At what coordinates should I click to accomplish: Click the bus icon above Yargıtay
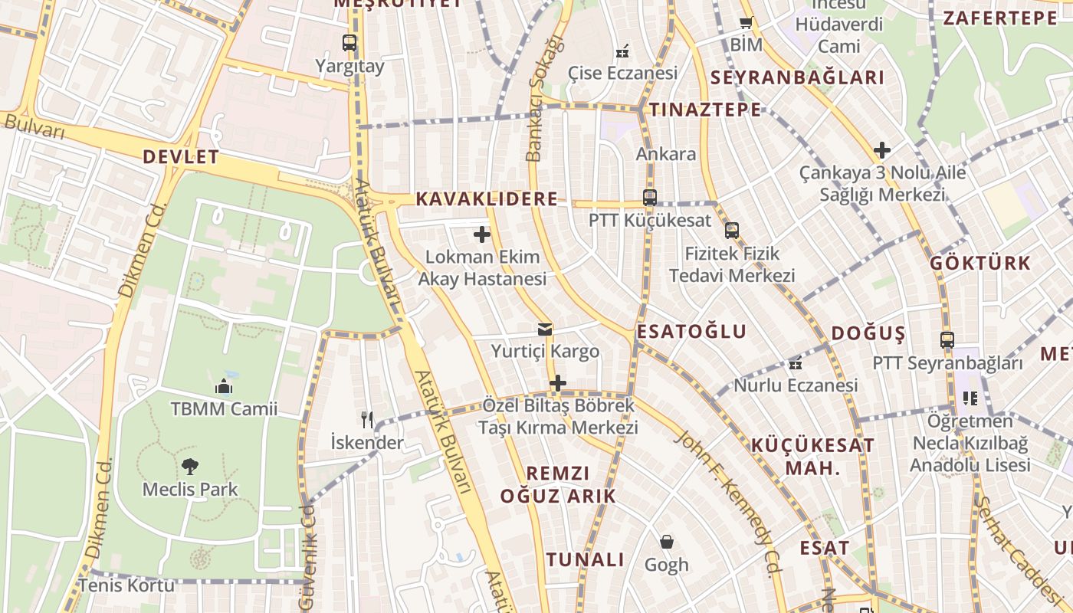[x=349, y=43]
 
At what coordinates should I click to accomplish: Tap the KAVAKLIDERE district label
[x=487, y=199]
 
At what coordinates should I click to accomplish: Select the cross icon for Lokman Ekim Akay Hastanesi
[x=482, y=234]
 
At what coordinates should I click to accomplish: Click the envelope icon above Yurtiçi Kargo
[x=545, y=329]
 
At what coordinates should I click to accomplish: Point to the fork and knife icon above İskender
[x=367, y=419]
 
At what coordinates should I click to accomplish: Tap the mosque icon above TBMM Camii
[x=224, y=385]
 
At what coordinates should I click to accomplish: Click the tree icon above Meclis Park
[x=190, y=466]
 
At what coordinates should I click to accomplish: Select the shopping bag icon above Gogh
[x=667, y=542]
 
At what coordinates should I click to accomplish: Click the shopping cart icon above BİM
[x=746, y=23]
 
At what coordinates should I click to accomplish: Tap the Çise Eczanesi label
[x=622, y=73]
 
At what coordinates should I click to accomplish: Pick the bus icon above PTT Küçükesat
[x=650, y=197]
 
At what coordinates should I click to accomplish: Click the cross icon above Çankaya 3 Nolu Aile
[x=882, y=150]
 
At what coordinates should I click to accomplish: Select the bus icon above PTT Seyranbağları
[x=947, y=339]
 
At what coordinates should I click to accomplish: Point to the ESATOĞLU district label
[x=691, y=332]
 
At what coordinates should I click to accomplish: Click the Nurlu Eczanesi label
[x=796, y=385]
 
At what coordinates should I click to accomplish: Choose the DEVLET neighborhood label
[x=181, y=158]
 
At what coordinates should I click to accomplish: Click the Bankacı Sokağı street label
[x=543, y=98]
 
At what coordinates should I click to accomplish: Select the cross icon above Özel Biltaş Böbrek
[x=558, y=382]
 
